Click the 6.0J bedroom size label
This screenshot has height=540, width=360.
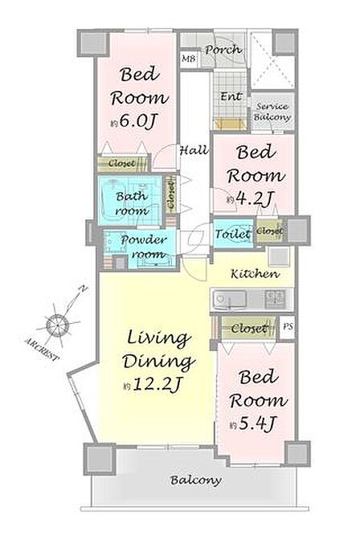click(134, 121)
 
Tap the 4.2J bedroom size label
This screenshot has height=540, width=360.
click(251, 198)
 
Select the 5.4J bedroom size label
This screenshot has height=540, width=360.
click(253, 423)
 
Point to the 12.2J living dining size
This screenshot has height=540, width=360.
click(152, 384)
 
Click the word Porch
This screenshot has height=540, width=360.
click(223, 50)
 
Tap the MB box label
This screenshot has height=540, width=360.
click(188, 59)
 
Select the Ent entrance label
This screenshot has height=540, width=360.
click(231, 96)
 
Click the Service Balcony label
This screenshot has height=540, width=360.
click(272, 112)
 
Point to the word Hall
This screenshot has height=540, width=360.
click(194, 150)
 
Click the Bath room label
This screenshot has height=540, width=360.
click(132, 203)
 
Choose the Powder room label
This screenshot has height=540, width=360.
click(145, 247)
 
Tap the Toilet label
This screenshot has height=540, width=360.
click(233, 234)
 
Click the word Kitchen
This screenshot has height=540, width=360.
click(255, 274)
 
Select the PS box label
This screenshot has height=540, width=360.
click(288, 325)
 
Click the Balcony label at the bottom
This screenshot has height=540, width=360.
click(196, 480)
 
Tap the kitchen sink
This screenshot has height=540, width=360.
click(230, 299)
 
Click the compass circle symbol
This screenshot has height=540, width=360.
click(57, 325)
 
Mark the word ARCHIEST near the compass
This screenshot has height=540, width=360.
click(41, 349)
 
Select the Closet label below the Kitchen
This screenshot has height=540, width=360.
click(249, 328)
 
